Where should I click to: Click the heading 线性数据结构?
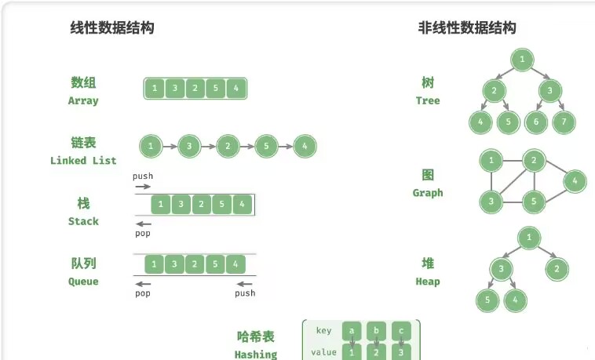[x=112, y=28]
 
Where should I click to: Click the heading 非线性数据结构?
[x=467, y=28]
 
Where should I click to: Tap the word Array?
[x=83, y=100]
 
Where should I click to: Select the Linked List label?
[x=83, y=161]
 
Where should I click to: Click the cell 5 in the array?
[x=216, y=88]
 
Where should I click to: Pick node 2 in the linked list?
[x=228, y=146]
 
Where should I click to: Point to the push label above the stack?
[x=143, y=176]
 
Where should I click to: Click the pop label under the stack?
[x=142, y=233]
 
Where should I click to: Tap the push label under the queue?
[x=245, y=293]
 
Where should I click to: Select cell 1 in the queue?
[x=155, y=264]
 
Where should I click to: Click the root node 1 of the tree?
[x=522, y=59]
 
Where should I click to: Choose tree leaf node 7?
[x=564, y=122]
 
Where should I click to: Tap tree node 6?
[x=535, y=122]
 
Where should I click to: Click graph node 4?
[x=575, y=181]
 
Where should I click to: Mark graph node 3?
[x=491, y=202]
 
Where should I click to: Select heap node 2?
[x=557, y=270]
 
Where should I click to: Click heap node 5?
[x=487, y=300]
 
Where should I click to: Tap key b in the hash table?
[x=377, y=331]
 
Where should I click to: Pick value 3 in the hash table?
[x=401, y=352]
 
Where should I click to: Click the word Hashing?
[x=256, y=355]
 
